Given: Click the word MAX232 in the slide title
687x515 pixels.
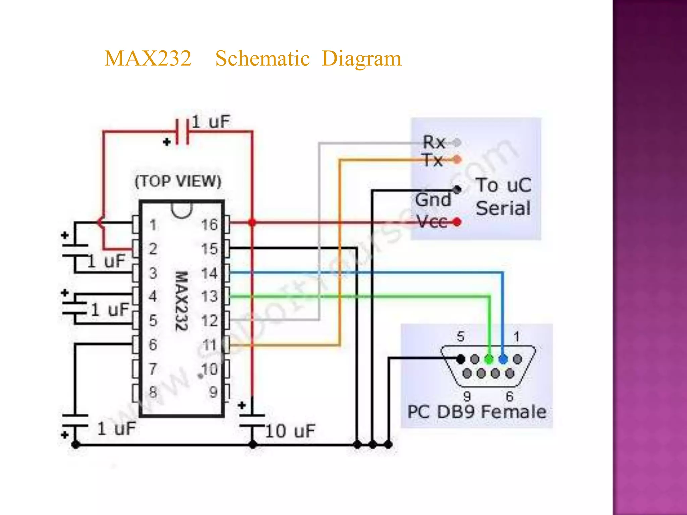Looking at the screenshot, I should point(148,58).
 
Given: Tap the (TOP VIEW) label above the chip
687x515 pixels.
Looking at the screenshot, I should point(178,181).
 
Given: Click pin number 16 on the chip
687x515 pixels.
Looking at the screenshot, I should point(209,225).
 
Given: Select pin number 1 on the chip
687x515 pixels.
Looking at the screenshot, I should point(153,225).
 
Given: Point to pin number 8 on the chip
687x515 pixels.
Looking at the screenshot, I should point(153,392).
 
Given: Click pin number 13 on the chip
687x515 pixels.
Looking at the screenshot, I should point(209,296).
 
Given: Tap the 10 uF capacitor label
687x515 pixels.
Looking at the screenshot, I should point(290,431).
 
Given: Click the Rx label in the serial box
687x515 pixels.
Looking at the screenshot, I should point(434,142).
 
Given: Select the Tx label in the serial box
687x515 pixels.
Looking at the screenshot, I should point(433,160).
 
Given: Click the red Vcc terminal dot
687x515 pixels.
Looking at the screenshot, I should point(457,222).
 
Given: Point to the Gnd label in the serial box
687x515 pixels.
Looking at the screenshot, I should point(433,200).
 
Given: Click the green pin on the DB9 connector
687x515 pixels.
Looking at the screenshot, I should point(489,359).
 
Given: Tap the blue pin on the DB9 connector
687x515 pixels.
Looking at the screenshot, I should point(503,359).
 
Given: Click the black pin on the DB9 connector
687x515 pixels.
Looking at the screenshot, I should point(461,359).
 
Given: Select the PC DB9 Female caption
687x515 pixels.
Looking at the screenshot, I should point(477,412).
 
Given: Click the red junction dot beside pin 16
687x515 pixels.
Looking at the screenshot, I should point(252,222).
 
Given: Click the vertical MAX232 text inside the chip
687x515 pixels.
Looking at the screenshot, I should point(182,301).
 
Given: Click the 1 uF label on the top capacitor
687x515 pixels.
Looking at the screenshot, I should point(211,122).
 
